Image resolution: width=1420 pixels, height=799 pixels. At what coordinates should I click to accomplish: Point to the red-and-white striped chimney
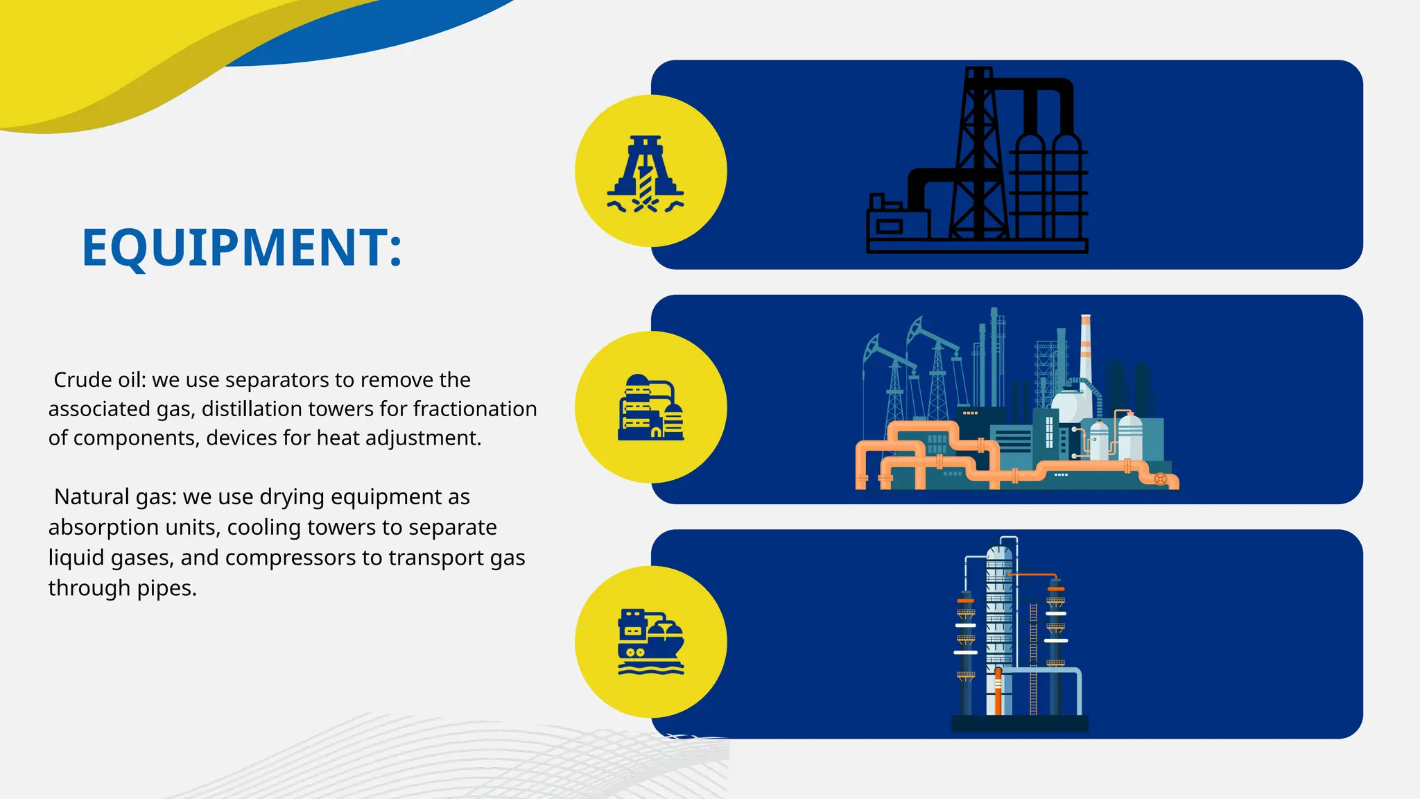(1085, 347)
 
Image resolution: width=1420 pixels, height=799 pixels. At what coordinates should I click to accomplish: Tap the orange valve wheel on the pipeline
(1160, 479)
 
